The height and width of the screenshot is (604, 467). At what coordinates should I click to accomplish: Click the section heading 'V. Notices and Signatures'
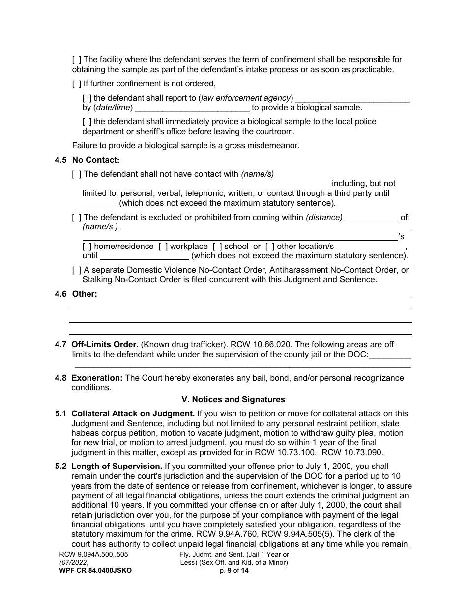coord(233,399)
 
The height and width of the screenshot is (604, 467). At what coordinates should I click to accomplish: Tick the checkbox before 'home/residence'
coord(87,246)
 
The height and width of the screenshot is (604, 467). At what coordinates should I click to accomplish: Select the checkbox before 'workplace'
coord(162,246)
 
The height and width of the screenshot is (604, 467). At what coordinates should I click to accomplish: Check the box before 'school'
coord(217,246)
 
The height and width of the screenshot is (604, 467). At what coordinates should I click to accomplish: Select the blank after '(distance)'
coord(372,217)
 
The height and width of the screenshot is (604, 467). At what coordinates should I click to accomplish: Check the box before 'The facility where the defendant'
coord(77,60)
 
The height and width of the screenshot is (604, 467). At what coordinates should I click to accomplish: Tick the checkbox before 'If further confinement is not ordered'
coord(77,83)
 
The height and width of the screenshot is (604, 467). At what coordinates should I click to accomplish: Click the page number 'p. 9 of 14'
coord(233,570)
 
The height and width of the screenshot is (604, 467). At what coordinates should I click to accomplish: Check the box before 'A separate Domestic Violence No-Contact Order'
coord(77,270)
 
